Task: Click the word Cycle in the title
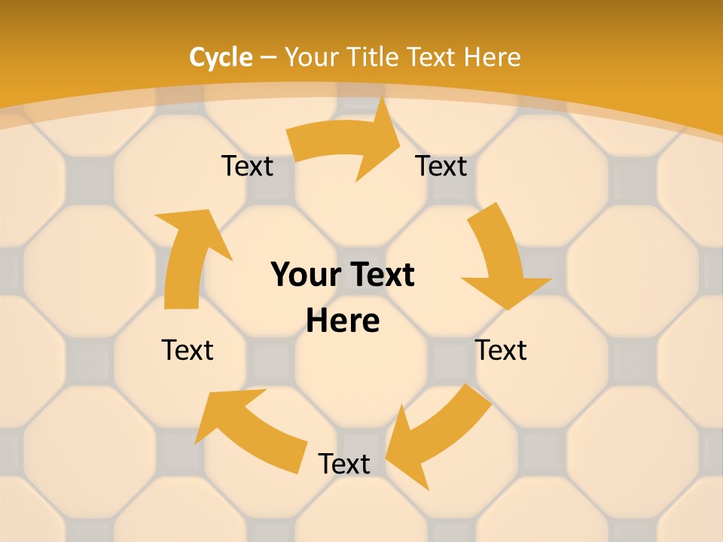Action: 221,57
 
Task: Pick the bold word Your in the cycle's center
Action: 300,276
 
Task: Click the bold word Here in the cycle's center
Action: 343,321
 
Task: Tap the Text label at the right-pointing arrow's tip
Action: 441,166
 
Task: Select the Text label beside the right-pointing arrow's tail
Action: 247,166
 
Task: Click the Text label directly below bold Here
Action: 344,464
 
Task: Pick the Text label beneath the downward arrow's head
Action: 501,350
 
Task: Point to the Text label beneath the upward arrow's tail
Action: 188,350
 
